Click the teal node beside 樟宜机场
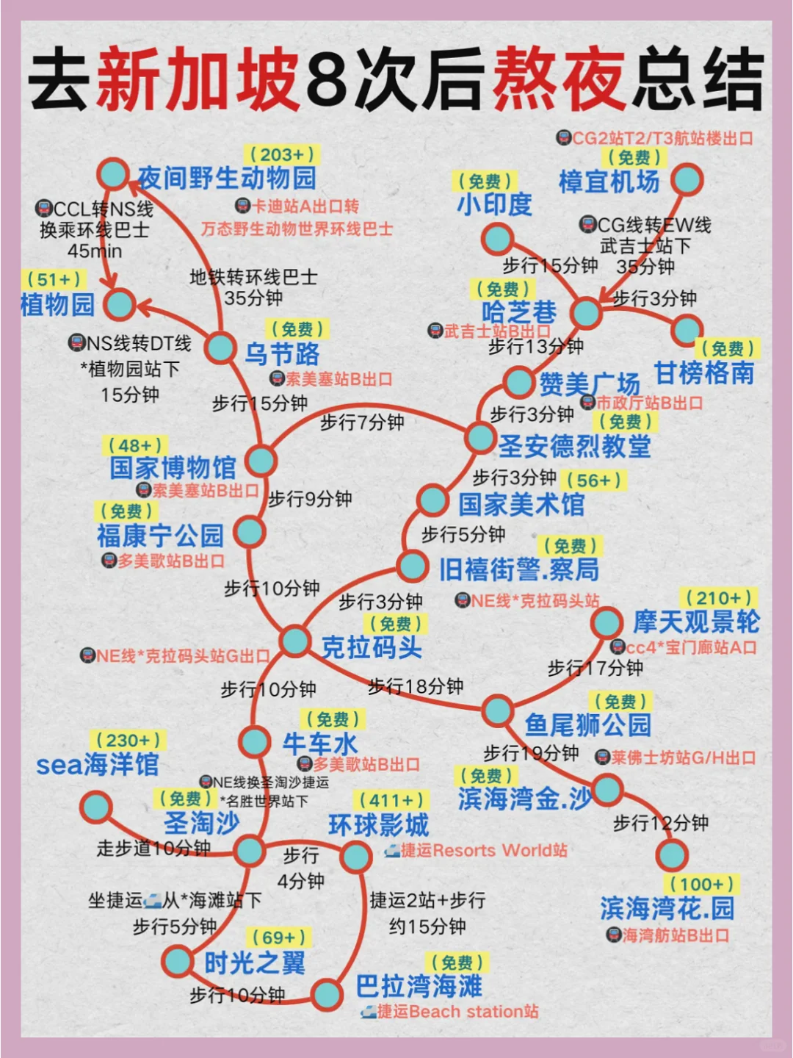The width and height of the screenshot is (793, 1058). (x=687, y=179)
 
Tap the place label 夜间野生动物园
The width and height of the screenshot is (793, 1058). (x=227, y=178)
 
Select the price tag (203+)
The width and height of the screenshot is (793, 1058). (x=282, y=154)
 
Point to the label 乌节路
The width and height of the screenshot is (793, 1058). (x=283, y=354)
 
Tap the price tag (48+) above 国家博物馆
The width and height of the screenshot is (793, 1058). (x=136, y=445)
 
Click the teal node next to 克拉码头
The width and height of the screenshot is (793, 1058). (x=294, y=641)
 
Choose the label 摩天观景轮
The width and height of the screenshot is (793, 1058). (x=696, y=622)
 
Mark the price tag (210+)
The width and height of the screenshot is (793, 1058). (x=718, y=597)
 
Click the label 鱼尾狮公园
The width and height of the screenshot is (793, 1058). (x=588, y=725)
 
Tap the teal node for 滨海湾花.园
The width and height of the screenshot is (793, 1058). (x=671, y=854)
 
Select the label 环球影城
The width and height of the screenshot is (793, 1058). (x=379, y=825)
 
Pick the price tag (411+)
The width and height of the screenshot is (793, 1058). (x=392, y=800)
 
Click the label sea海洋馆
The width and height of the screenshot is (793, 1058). (x=98, y=765)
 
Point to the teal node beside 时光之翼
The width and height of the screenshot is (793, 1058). (x=178, y=960)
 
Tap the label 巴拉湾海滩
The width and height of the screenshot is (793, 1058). (x=419, y=986)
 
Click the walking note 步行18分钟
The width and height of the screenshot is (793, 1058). (x=416, y=686)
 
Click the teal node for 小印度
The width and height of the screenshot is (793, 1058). (x=497, y=239)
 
